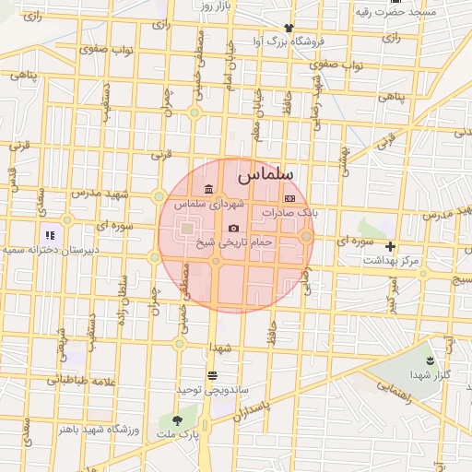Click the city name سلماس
(x=265, y=173)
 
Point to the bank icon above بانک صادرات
(x=289, y=198)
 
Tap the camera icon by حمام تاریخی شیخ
(x=233, y=228)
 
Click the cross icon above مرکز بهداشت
(x=390, y=246)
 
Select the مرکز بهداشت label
(x=391, y=261)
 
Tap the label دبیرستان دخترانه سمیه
(x=39, y=249)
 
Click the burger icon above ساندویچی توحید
(x=213, y=375)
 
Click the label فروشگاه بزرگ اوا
(x=289, y=41)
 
